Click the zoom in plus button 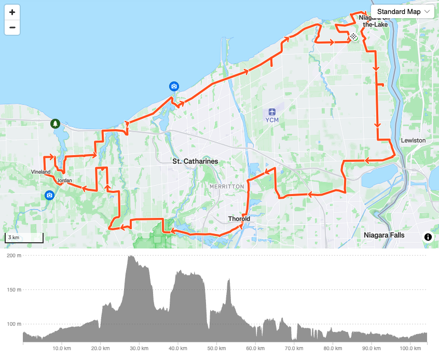click(12, 12)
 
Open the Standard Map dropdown click(402, 11)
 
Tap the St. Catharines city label click(195, 161)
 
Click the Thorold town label click(239, 219)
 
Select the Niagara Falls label click(384, 235)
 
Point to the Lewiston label click(413, 141)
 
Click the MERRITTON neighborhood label click(227, 186)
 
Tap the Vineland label click(41, 172)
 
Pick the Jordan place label click(65, 181)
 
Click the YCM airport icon click(272, 112)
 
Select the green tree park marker click(54, 123)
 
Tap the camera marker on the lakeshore click(174, 86)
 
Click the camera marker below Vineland click(49, 195)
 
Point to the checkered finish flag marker click(353, 36)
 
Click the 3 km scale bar click(24, 238)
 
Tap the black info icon click(428, 237)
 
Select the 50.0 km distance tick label click(216, 348)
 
